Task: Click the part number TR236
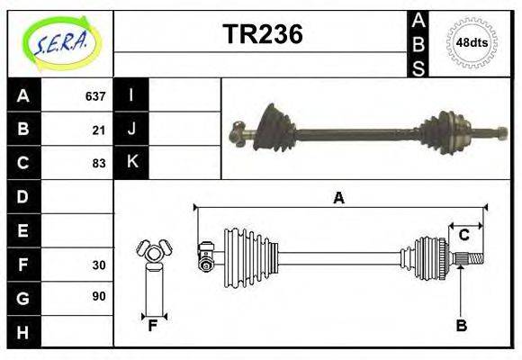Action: tap(263, 34)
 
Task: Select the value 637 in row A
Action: tap(95, 96)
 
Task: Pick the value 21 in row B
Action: tap(99, 130)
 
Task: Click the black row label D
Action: tap(22, 196)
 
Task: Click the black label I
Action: tap(131, 96)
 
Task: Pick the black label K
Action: tap(131, 163)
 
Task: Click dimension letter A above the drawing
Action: tap(338, 198)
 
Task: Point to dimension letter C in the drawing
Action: tap(464, 236)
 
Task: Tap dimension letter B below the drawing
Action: tap(461, 326)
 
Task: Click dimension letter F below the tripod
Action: tap(153, 326)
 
